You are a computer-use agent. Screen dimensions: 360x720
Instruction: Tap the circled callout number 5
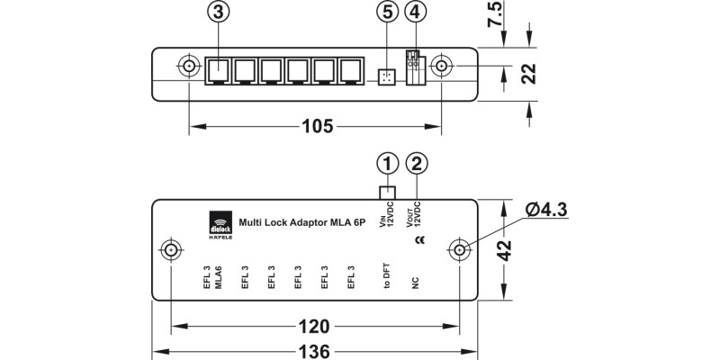tap(385, 14)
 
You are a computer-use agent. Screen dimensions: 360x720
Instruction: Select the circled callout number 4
tap(414, 14)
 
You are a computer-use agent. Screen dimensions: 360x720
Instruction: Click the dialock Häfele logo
tap(219, 225)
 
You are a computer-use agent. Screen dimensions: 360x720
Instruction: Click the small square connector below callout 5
tap(385, 76)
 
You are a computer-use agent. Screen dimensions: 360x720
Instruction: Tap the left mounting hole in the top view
tap(189, 67)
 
